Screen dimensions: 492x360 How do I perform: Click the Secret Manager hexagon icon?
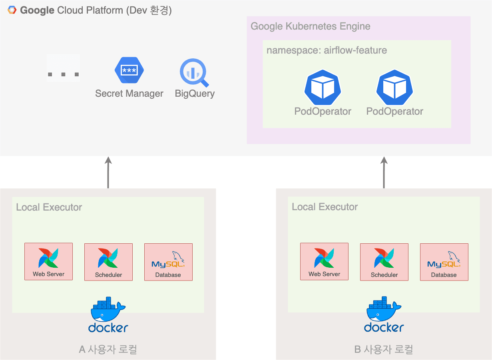(x=129, y=70)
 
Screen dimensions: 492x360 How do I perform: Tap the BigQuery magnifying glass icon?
(x=194, y=72)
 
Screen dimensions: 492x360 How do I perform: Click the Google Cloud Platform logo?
(x=12, y=10)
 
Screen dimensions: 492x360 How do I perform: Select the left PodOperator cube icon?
(x=323, y=88)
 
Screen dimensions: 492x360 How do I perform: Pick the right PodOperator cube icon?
(x=395, y=88)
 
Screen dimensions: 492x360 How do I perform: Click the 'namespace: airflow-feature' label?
(x=327, y=50)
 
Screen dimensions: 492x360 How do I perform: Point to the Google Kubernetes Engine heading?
(x=311, y=26)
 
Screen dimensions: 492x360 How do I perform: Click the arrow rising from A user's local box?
(x=108, y=173)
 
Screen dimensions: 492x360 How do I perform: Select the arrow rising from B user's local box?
(x=384, y=173)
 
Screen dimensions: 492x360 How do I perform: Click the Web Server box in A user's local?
(x=48, y=261)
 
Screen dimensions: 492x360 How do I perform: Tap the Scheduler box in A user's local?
(x=108, y=262)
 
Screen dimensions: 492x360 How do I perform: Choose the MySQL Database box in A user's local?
(x=169, y=262)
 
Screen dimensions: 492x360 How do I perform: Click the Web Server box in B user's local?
(x=324, y=261)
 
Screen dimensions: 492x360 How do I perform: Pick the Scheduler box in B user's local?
(x=384, y=262)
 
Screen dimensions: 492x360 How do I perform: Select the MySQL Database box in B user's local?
(x=444, y=262)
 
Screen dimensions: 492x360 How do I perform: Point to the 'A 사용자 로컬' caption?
(x=108, y=349)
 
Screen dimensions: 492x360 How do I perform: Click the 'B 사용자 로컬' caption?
(x=384, y=349)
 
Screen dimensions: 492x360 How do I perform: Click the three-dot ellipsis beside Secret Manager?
(x=63, y=74)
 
